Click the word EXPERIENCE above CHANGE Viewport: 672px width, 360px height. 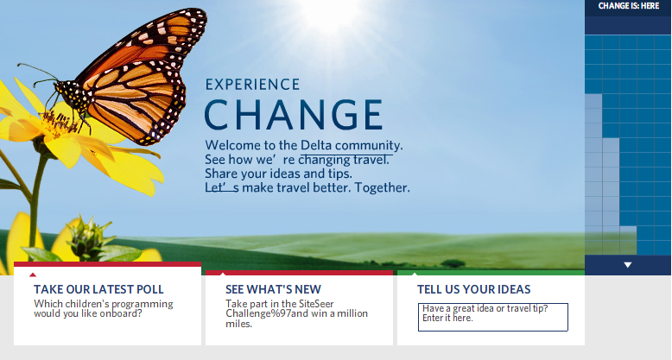click(252, 85)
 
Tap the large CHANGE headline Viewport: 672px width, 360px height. click(294, 115)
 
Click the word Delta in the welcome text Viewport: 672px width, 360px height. click(316, 145)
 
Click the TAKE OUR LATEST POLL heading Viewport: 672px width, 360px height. click(98, 289)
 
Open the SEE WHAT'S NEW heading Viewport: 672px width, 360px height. click(273, 289)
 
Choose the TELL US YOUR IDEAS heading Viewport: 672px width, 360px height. click(473, 289)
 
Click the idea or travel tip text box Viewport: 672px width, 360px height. click(493, 317)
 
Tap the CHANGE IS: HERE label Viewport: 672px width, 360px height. click(628, 6)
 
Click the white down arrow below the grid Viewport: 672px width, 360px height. click(628, 265)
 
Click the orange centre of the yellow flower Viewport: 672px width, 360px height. click(59, 123)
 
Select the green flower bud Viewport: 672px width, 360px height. click(89, 238)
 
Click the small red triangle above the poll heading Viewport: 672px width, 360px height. click(33, 275)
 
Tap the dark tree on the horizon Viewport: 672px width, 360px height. click(453, 263)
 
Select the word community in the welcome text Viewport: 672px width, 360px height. click(369, 145)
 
